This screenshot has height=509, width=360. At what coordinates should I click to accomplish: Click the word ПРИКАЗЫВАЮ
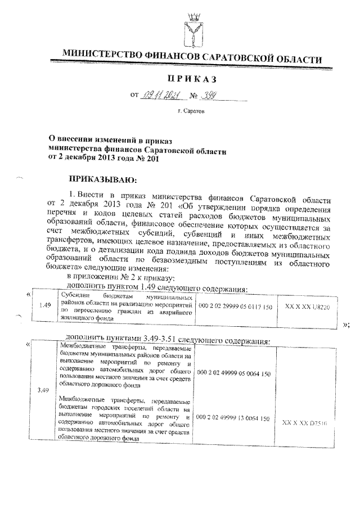(x=101, y=180)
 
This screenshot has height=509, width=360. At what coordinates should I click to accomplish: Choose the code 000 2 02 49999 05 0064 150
(x=231, y=372)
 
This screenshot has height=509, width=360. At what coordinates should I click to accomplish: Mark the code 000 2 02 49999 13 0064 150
(x=231, y=419)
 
